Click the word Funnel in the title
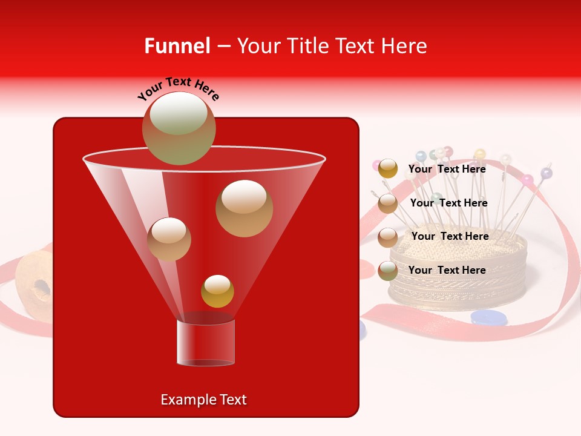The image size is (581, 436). (177, 46)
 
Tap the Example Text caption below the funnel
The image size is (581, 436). (204, 400)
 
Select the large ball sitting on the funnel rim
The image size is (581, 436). (179, 128)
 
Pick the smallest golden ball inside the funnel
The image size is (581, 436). (217, 291)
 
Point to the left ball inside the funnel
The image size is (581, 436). (169, 239)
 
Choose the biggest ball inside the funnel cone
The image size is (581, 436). (244, 208)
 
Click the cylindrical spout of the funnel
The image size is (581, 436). (206, 343)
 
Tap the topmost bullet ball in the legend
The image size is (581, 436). (387, 169)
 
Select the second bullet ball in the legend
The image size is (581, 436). (387, 203)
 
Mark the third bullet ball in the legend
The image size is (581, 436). (387, 237)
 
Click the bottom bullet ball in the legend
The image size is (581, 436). (387, 271)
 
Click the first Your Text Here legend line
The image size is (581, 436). (447, 170)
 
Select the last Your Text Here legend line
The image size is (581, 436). (447, 270)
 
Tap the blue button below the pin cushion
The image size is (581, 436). (489, 317)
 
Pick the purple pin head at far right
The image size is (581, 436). (547, 173)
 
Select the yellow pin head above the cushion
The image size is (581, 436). (480, 153)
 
